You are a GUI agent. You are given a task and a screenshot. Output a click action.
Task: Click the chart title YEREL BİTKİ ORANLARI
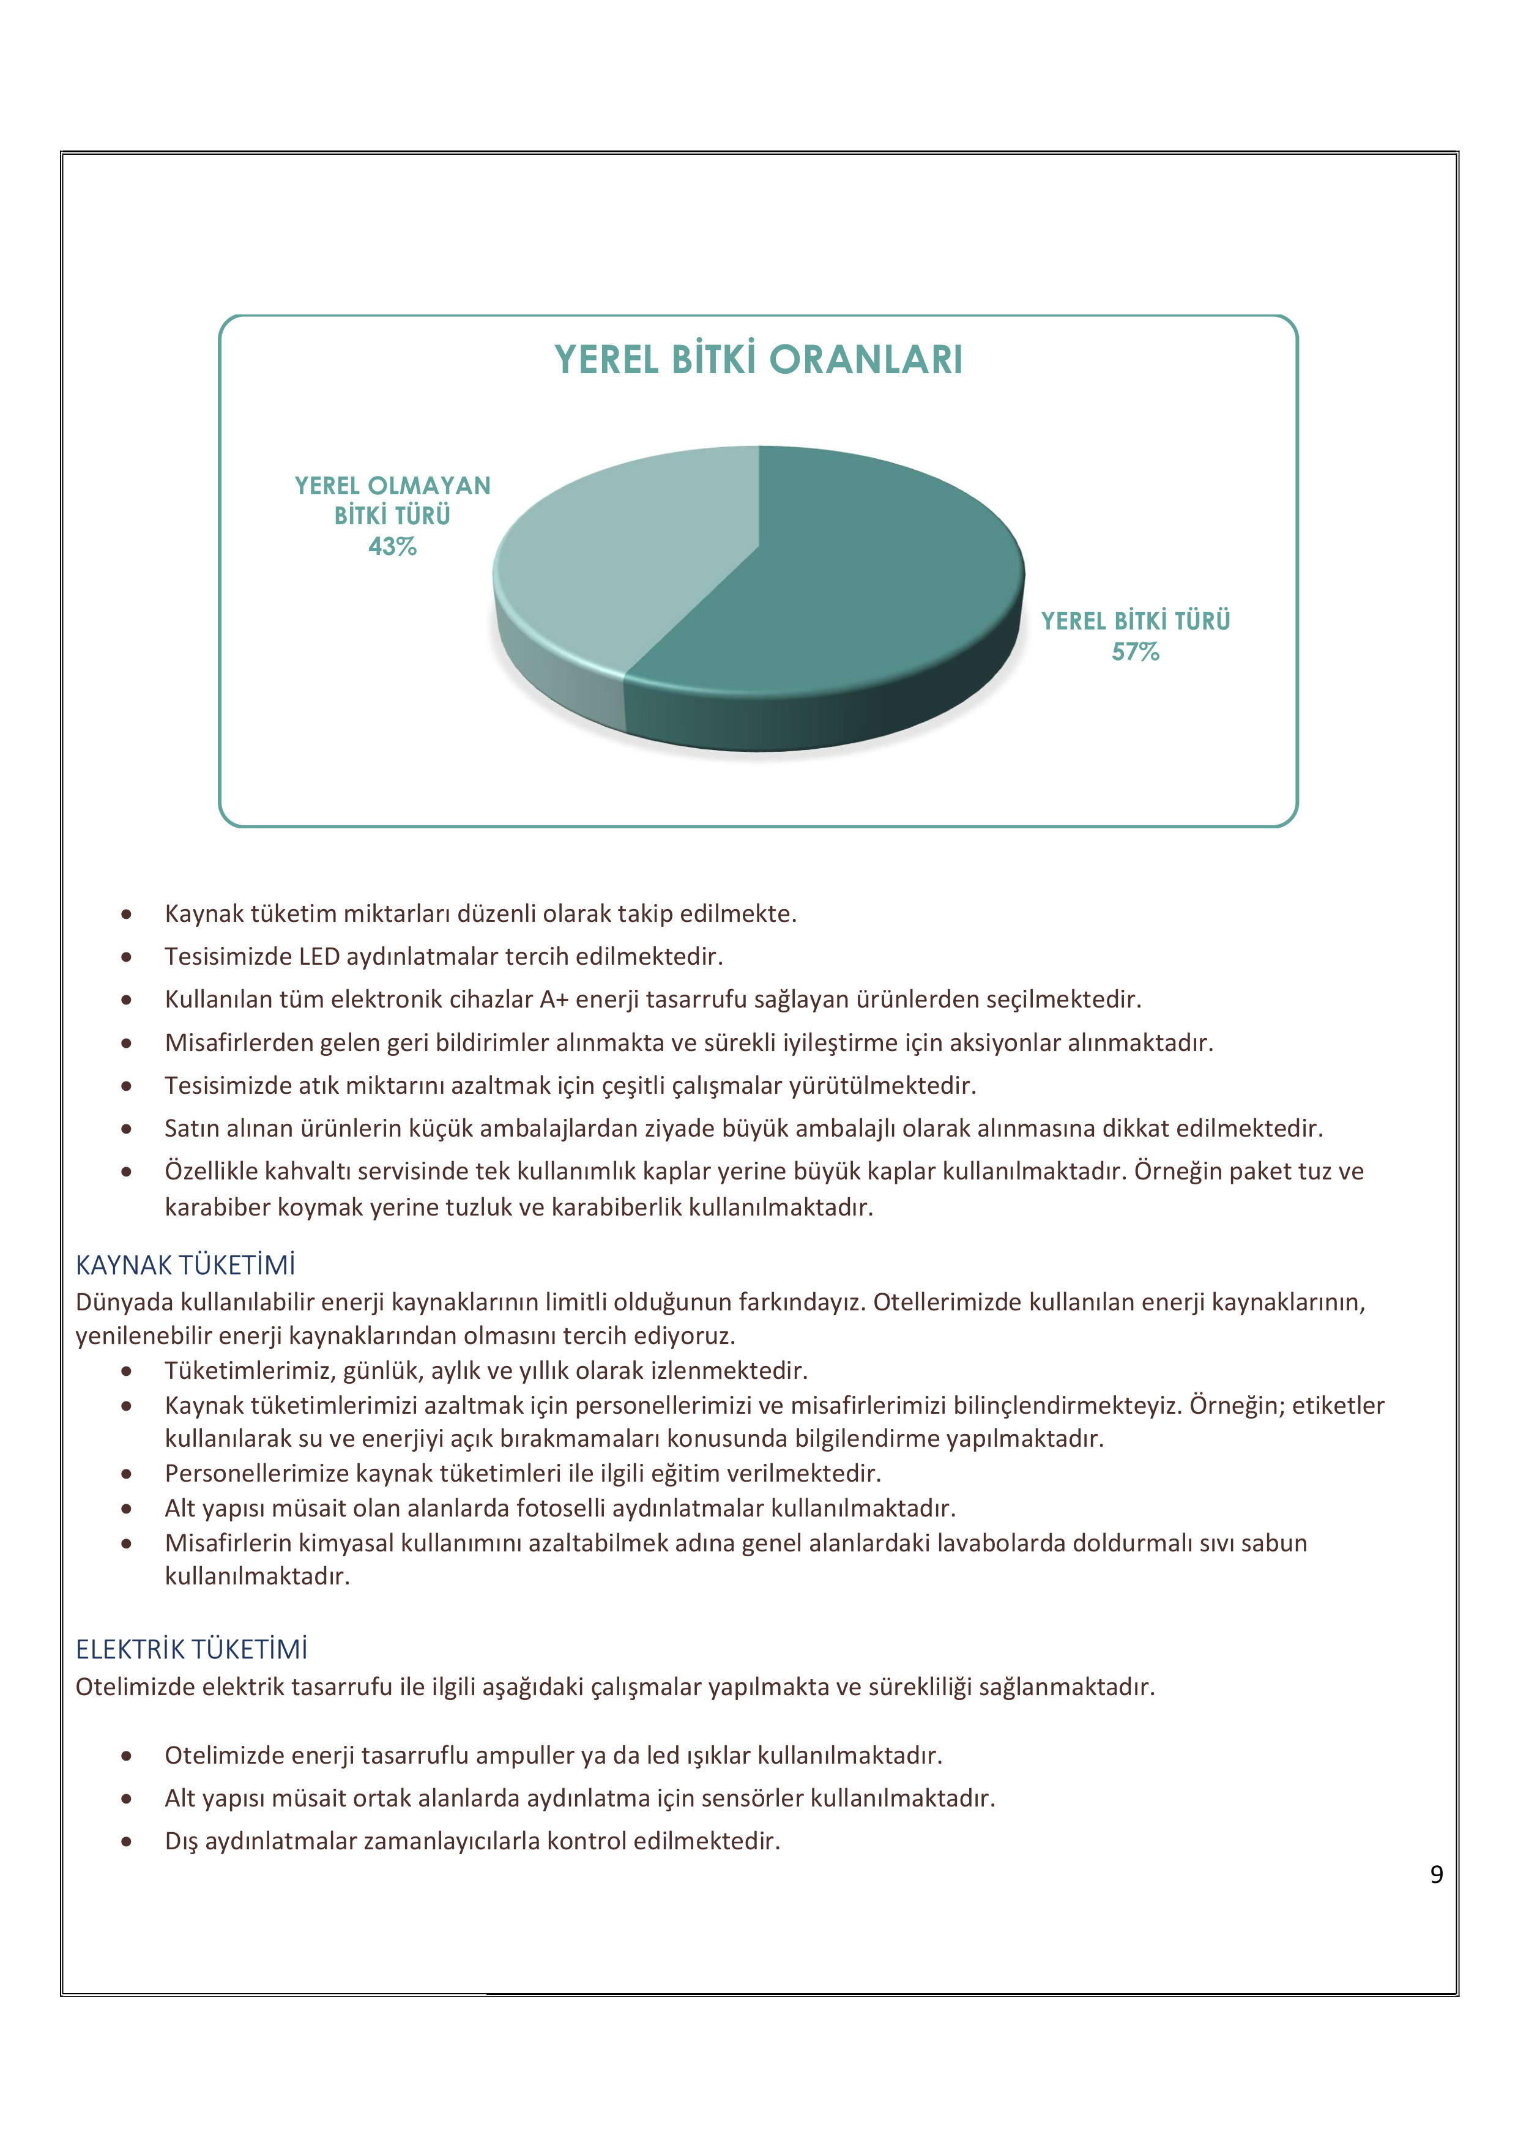point(758,360)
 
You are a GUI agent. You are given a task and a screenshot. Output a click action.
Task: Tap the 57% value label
point(1135,652)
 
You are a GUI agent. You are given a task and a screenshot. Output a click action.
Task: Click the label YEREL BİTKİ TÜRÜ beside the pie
point(1135,621)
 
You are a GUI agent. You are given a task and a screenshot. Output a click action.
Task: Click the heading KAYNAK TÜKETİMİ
point(185,1266)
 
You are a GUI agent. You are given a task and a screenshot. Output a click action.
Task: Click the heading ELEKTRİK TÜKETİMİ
point(192,1650)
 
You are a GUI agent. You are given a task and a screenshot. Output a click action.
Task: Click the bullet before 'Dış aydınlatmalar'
point(126,1842)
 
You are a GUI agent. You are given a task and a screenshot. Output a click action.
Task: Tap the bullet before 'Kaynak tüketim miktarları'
point(126,914)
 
